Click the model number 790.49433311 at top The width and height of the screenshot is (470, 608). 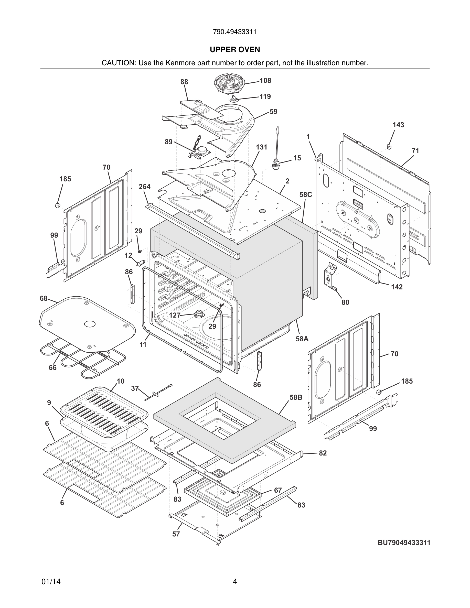click(235, 32)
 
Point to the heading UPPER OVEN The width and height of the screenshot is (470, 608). click(235, 50)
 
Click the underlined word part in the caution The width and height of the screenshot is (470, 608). click(272, 63)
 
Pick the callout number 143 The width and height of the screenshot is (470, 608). click(398, 125)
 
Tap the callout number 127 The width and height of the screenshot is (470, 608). click(175, 315)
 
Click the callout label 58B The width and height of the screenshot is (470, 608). click(296, 397)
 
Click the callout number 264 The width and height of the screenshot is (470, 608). click(145, 187)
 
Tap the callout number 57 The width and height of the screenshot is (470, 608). click(176, 534)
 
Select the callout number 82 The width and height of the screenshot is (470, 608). click(323, 453)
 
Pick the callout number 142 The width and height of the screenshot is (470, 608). click(397, 287)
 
